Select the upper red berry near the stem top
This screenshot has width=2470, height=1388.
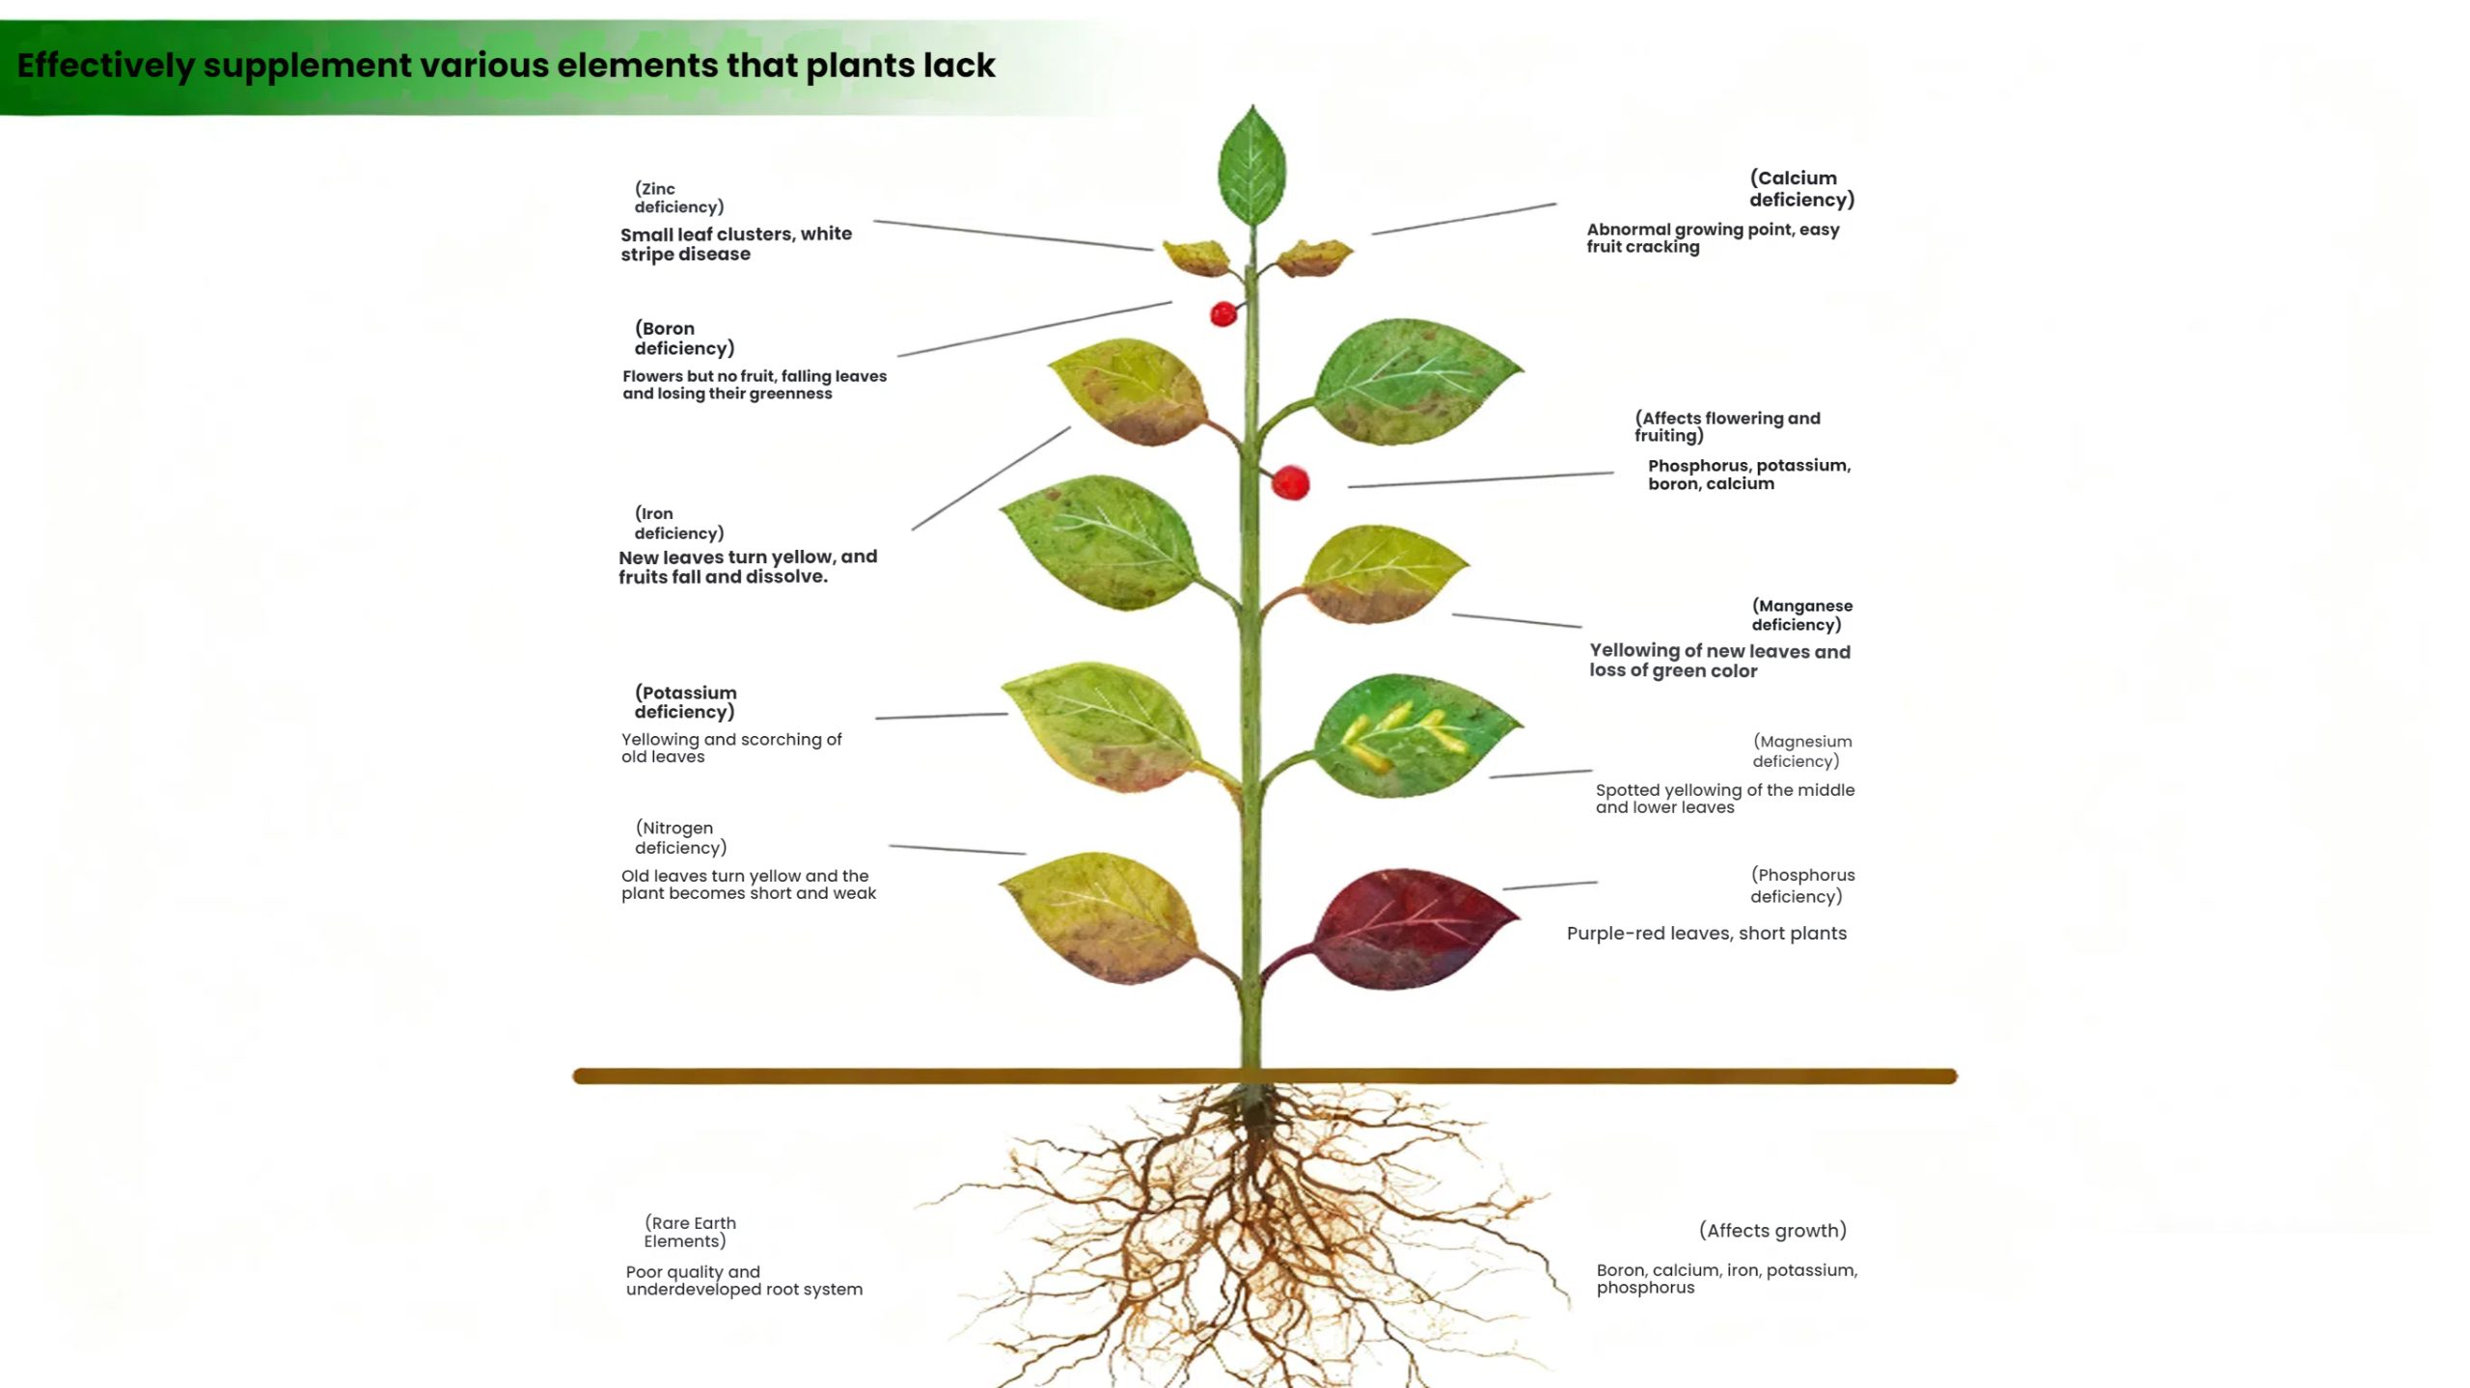pos(1223,313)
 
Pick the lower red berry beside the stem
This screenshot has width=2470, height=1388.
pos(1290,482)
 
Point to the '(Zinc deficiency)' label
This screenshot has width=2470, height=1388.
pos(678,198)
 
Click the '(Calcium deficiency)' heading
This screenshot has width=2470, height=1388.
pos(1801,189)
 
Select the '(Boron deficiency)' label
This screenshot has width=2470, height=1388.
pos(684,339)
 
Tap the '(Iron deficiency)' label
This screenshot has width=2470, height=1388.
pos(678,523)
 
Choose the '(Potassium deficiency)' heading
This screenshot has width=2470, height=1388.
pos(685,702)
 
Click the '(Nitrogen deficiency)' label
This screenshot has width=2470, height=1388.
pos(680,837)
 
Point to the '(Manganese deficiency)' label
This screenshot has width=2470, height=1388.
pos(1801,614)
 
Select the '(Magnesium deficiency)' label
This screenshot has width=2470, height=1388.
pos(1801,750)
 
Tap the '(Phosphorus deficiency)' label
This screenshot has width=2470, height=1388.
pos(1801,885)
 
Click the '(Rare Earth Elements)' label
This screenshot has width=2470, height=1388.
pos(689,1232)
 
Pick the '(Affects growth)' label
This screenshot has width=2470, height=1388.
pos(1772,1230)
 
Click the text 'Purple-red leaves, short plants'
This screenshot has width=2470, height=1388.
pos(1706,933)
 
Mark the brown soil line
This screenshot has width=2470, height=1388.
pos(965,1075)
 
